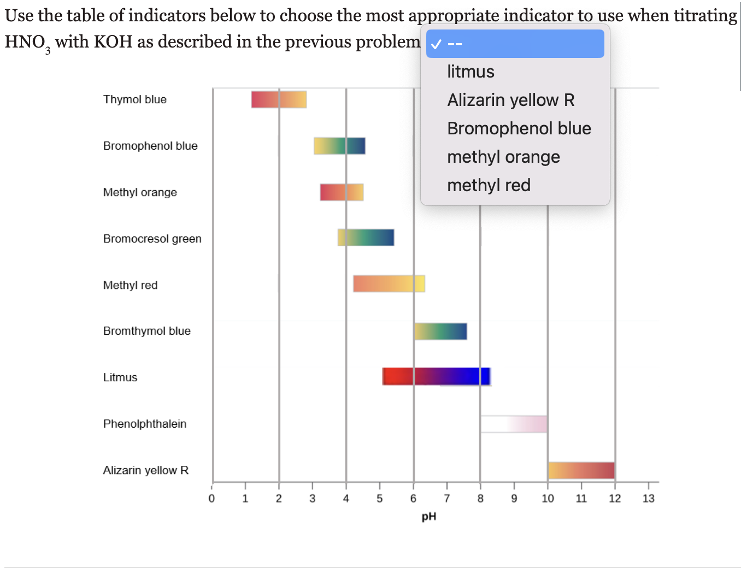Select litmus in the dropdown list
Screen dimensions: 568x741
[x=471, y=72]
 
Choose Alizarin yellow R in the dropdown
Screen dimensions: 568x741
[x=510, y=100]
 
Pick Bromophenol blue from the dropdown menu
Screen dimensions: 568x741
[x=519, y=128]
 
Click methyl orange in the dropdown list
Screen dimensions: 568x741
[x=503, y=157]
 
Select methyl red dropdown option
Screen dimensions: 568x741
[x=489, y=185]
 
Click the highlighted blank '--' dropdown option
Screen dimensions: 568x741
[x=515, y=44]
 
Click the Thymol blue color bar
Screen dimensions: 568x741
[x=279, y=99]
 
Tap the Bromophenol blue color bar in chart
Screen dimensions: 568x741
[x=339, y=146]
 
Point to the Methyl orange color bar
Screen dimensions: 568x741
[x=342, y=192]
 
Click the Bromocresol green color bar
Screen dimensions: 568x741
[x=366, y=238]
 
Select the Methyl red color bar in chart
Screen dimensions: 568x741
[x=389, y=284]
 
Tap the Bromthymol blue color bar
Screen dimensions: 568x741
[x=440, y=332]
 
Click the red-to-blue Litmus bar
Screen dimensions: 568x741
[x=436, y=376]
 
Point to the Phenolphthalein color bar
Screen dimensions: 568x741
[x=514, y=424]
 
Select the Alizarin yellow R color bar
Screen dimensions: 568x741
[x=581, y=470]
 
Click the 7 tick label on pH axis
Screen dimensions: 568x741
[x=447, y=498]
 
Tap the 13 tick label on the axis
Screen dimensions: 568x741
[x=648, y=498]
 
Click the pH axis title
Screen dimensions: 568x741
[x=429, y=517]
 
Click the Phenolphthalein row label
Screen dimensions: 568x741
[x=145, y=424]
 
